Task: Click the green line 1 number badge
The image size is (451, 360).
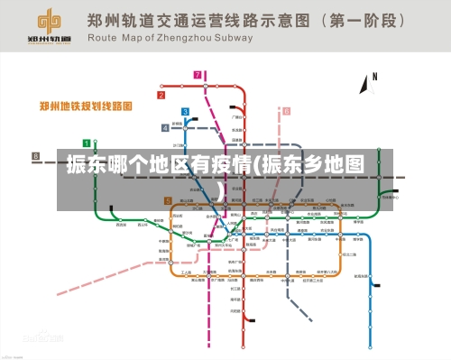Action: [87, 143]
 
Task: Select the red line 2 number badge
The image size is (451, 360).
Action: [162, 95]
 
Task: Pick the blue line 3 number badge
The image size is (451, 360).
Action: [185, 113]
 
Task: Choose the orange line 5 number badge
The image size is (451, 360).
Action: [168, 201]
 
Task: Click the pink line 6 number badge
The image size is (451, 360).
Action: [287, 111]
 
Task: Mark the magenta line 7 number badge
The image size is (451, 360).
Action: [198, 75]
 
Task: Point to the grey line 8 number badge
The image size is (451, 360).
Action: [36, 156]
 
